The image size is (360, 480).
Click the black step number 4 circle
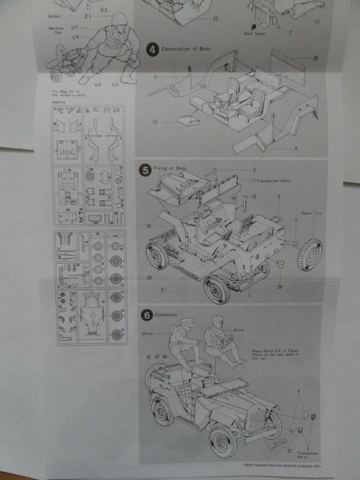pos(152,50)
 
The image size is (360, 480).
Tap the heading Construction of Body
pos(186,50)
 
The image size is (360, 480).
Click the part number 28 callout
pos(315,58)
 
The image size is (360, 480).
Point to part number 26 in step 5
pos(278,286)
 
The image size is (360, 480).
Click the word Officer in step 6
pos(148,333)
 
